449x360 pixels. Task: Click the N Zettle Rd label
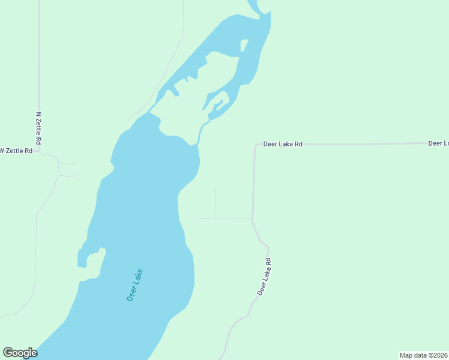[x=38, y=128]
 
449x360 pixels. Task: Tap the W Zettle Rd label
[x=16, y=151]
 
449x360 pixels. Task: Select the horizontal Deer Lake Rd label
[x=282, y=145]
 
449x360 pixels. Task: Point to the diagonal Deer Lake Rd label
[x=265, y=277]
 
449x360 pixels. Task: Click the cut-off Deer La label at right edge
[x=438, y=143]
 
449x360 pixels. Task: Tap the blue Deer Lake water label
[x=135, y=284]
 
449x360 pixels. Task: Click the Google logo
[x=20, y=353]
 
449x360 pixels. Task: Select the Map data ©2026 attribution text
[x=424, y=355]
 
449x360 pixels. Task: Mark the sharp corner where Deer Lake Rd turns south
[x=255, y=145]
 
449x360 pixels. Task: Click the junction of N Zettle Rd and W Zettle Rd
[x=39, y=151]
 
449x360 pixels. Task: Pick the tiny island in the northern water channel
[x=244, y=45]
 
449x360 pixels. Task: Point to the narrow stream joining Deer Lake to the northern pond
[x=200, y=133]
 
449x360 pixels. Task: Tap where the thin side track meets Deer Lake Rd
[x=252, y=218]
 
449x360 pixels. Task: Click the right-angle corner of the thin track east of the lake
[x=215, y=218]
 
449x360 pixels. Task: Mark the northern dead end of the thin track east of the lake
[x=215, y=188]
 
